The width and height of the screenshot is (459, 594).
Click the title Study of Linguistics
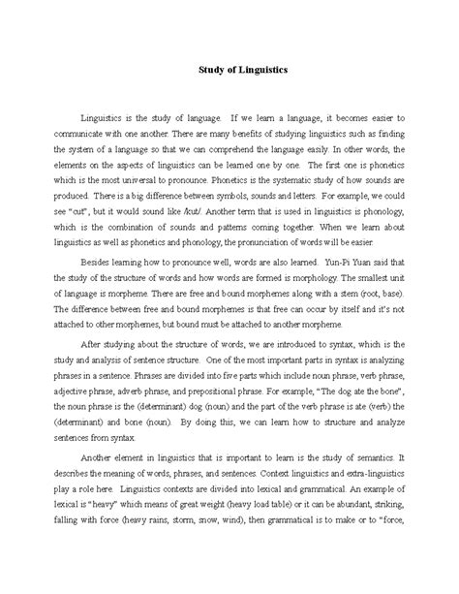tap(229, 70)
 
